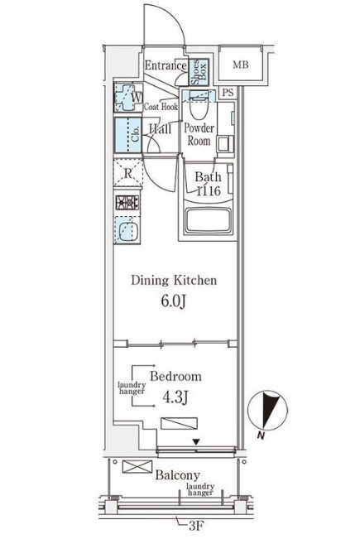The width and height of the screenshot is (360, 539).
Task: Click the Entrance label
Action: [x=166, y=65]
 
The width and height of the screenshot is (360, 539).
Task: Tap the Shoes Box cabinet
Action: [x=199, y=71]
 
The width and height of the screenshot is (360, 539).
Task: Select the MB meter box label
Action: [x=241, y=65]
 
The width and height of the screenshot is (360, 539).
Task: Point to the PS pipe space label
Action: [x=228, y=92]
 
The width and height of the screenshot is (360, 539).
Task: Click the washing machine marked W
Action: [x=127, y=97]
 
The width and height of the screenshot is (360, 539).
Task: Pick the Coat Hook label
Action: [x=161, y=107]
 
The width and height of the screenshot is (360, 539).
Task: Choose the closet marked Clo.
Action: [x=127, y=135]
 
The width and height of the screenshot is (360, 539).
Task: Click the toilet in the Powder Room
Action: [x=199, y=105]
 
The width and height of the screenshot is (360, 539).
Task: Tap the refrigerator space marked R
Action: [x=127, y=173]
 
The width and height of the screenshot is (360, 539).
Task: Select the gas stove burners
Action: [x=127, y=203]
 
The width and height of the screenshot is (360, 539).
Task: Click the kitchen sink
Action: [x=127, y=230]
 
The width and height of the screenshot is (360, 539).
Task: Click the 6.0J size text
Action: [x=174, y=301]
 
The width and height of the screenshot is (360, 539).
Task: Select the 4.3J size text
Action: [x=175, y=397]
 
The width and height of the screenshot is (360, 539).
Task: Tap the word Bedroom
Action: [x=175, y=377]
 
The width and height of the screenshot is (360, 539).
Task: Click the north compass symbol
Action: [x=267, y=411]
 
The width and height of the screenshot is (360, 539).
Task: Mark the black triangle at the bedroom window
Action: [x=196, y=441]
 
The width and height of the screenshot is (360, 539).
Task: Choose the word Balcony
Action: [x=178, y=475]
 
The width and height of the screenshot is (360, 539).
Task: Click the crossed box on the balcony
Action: [x=137, y=467]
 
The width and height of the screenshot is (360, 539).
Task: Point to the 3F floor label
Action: [x=196, y=525]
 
